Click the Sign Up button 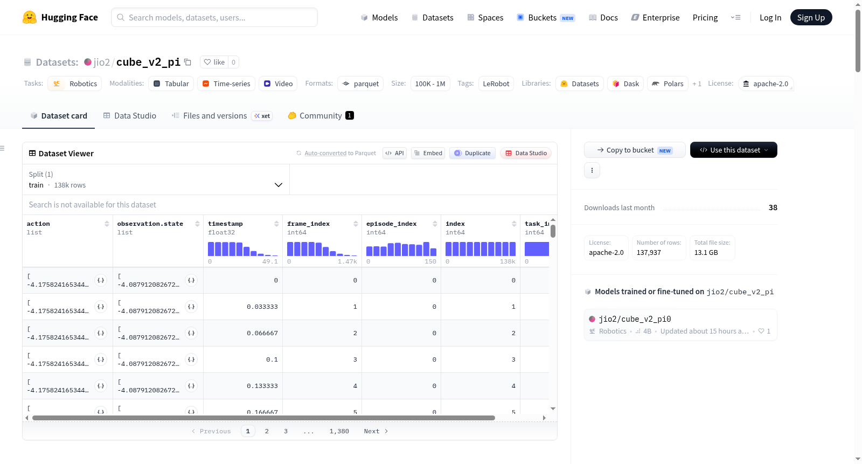811,17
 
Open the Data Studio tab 130,115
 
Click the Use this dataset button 733,150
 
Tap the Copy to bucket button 635,150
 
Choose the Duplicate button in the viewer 472,153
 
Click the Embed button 428,153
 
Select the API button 394,153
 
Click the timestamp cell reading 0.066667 262,333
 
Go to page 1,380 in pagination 339,431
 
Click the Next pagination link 376,431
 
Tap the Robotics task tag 75,84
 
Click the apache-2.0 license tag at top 766,84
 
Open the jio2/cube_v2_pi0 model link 635,319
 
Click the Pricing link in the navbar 705,17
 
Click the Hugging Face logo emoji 30,17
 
